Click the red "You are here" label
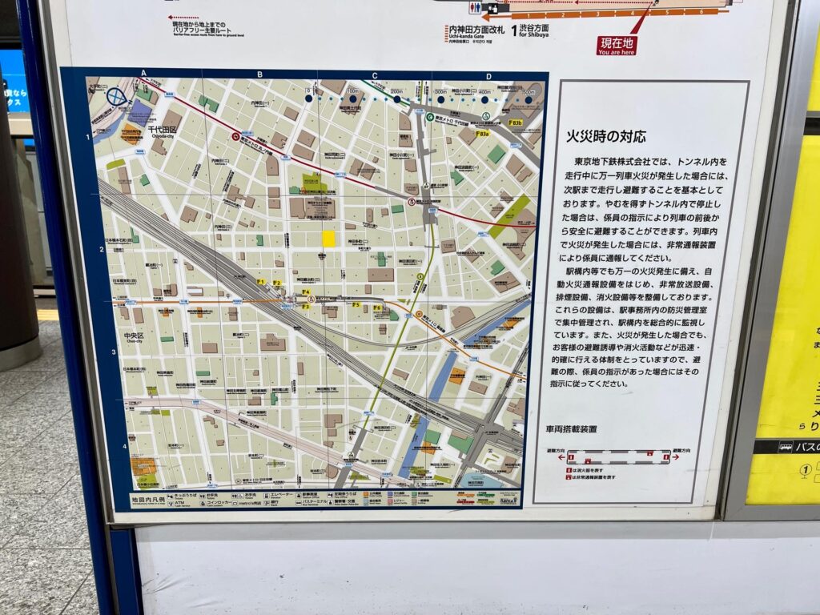(617, 46)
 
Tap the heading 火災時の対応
(605, 136)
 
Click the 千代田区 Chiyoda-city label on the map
(162, 131)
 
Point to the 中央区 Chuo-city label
(133, 336)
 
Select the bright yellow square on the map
(328, 239)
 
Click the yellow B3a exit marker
(482, 135)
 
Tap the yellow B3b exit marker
(515, 123)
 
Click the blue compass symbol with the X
(117, 96)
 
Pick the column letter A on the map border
(144, 74)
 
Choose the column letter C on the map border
(374, 75)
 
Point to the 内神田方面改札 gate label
(476, 30)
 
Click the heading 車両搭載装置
(571, 429)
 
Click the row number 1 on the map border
(88, 138)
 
